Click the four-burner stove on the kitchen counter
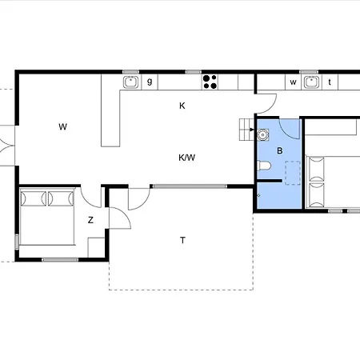210,81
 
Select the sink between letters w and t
311,82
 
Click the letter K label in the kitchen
182,106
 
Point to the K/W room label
186,158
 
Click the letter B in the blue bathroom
279,151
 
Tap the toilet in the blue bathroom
265,166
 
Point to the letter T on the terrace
182,240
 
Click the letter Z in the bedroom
90,220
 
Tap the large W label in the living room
62,126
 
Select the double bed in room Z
47,216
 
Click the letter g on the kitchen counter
149,81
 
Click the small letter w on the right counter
293,82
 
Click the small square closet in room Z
97,247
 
